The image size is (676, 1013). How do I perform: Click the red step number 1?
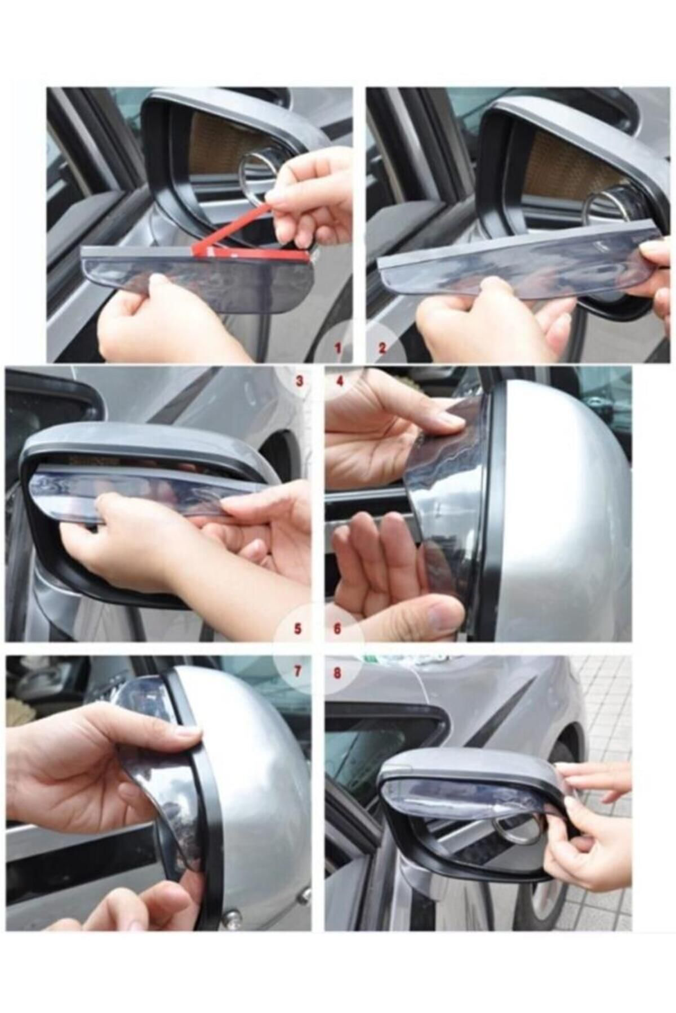pos(338,348)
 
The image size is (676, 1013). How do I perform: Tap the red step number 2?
pos(382,348)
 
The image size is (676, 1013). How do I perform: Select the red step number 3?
pos(300,381)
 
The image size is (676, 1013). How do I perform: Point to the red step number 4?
pos(339,381)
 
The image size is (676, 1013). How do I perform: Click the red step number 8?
pos(337,672)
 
